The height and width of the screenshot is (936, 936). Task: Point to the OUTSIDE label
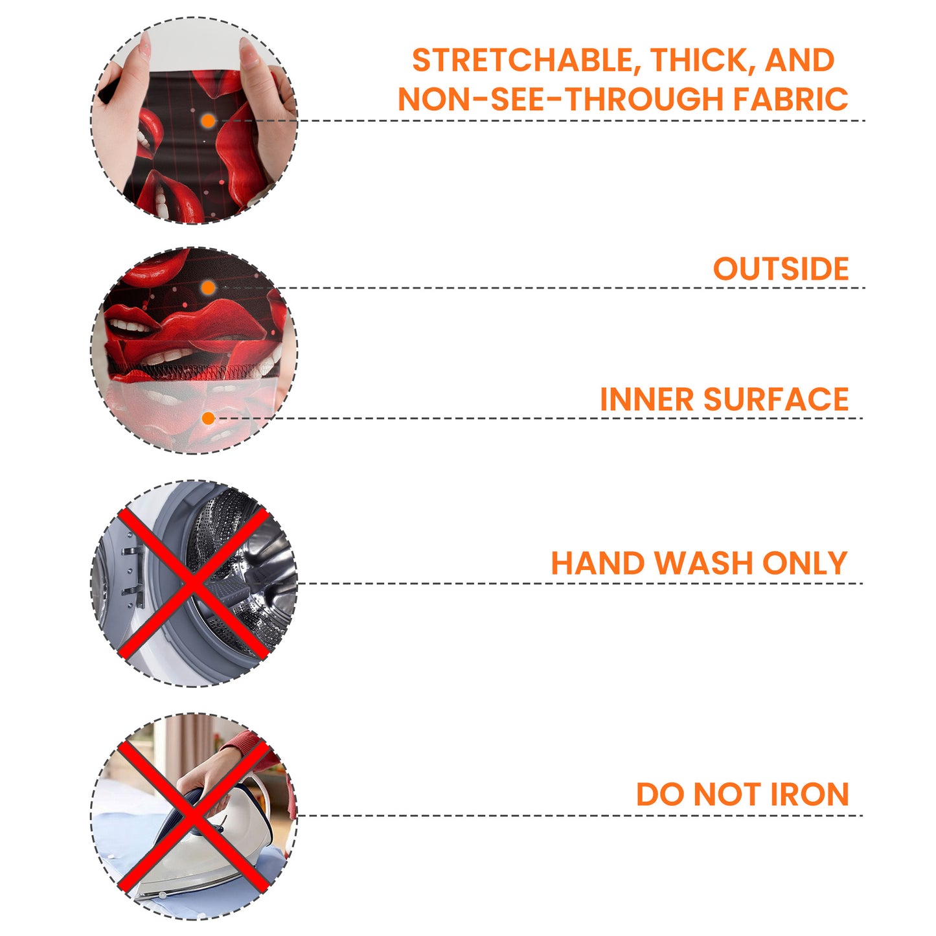[x=781, y=269]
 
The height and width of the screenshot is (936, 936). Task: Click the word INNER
[x=646, y=399]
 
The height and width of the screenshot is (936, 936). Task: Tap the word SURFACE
[x=776, y=399]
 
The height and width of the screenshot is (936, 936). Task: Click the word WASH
[x=704, y=564]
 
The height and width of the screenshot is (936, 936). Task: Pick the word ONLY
[x=805, y=564]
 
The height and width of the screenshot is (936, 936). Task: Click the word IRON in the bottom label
[x=810, y=794]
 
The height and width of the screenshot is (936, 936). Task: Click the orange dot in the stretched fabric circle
[x=209, y=121]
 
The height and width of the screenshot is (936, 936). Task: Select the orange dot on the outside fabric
[x=209, y=288]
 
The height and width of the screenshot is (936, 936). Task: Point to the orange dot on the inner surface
[x=209, y=418]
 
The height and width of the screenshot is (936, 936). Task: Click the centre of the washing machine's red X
[x=194, y=584]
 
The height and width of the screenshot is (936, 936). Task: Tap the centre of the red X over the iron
[x=194, y=817]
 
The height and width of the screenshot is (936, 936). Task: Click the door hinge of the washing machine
[x=133, y=578]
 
